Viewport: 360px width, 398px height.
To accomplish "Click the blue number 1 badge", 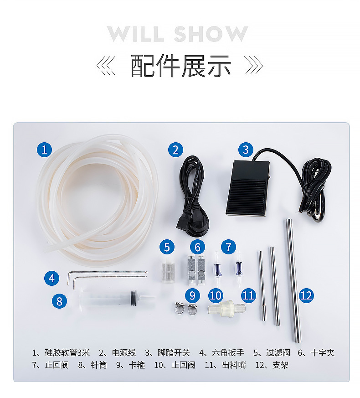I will tap(44, 149).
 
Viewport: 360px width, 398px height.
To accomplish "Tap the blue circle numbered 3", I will tap(246, 149).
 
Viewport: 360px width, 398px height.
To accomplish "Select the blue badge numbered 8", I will tap(59, 300).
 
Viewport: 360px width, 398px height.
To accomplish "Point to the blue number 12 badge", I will tap(306, 295).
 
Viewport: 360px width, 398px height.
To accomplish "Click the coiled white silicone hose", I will tap(98, 196).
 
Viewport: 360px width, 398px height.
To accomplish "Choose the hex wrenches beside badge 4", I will tap(107, 275).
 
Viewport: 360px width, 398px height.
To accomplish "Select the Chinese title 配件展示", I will tap(180, 66).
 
